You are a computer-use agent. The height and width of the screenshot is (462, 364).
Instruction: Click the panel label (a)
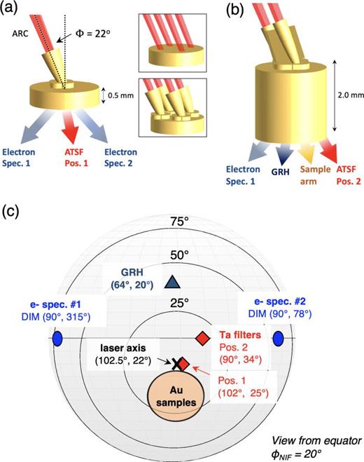pos(11,9)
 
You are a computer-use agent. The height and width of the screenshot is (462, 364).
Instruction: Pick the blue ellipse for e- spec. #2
pos(279,339)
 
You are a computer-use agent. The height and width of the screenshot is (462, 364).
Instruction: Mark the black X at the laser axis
pos(178,363)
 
